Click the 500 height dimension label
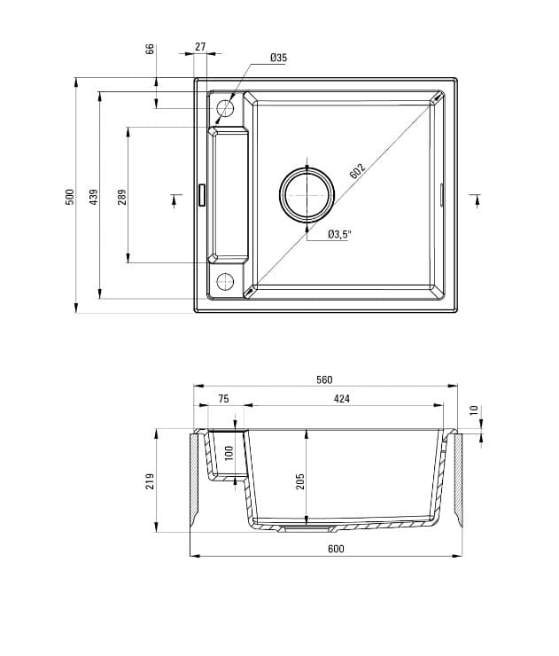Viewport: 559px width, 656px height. [70, 197]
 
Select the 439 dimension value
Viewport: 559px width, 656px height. [94, 197]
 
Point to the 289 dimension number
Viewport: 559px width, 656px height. [122, 196]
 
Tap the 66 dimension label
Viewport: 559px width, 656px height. [150, 48]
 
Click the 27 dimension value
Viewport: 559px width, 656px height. [200, 46]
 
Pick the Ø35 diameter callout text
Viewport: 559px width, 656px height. [278, 58]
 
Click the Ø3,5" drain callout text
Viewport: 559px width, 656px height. [339, 234]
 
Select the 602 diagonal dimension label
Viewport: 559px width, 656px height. [357, 171]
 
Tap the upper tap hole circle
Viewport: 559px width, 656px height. [225, 109]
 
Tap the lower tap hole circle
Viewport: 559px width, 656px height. [225, 282]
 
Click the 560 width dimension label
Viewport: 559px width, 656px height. [324, 379]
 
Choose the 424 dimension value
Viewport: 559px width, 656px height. [341, 399]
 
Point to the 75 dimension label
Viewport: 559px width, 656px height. [223, 399]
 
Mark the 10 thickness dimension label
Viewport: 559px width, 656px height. [473, 410]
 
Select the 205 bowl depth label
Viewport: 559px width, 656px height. [300, 480]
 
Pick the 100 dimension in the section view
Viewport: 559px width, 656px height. [229, 453]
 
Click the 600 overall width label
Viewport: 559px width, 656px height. [335, 549]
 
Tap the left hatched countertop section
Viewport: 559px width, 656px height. [193, 479]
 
